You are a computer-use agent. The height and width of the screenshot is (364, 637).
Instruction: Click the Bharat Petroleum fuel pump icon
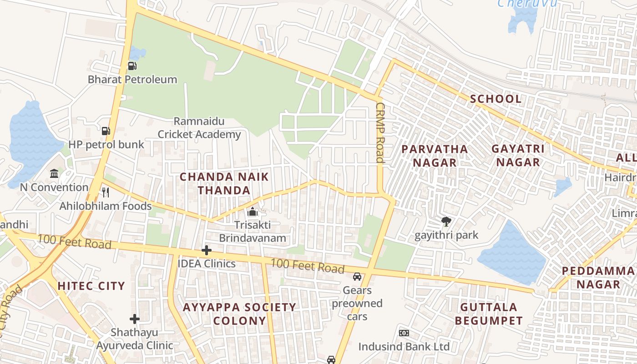tap(132, 66)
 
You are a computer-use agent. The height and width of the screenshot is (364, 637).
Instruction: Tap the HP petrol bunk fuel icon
tap(106, 131)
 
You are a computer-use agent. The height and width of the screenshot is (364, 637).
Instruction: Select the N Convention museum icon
tap(54, 174)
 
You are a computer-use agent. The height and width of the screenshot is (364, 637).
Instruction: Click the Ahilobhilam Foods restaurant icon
tap(106, 192)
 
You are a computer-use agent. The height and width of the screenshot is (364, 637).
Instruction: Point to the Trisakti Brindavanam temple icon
tap(252, 212)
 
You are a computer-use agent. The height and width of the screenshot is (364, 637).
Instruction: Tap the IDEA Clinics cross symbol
tap(207, 250)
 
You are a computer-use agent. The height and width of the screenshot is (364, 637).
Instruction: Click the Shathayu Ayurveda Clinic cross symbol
tap(134, 319)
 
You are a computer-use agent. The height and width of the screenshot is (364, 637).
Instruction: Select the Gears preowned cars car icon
tap(357, 277)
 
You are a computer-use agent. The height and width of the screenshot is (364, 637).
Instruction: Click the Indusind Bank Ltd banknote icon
tap(404, 333)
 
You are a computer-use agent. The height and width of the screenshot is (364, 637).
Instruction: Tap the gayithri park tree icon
tap(446, 222)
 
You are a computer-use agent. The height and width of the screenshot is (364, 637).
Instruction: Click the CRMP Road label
tap(380, 132)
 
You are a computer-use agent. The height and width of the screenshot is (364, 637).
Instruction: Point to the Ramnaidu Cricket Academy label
tap(199, 128)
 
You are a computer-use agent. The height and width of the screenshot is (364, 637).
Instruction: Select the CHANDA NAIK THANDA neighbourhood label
tap(224, 183)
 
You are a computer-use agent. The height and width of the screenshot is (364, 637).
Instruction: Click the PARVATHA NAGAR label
tap(435, 156)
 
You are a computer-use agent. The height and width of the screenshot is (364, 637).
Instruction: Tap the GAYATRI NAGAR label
tap(518, 155)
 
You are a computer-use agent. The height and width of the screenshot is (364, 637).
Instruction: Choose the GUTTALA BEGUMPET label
tap(489, 313)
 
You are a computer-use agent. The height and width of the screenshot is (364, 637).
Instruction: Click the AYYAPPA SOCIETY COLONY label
tap(239, 313)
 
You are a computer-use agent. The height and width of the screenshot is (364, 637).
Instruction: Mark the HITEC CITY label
tap(91, 286)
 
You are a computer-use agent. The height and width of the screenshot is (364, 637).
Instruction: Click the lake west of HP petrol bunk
tap(32, 141)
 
